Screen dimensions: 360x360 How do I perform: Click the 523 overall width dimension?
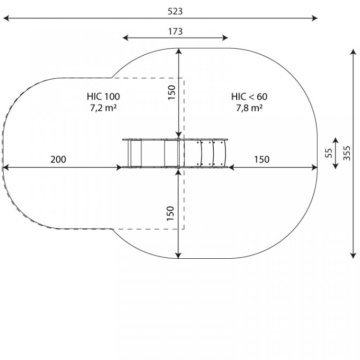tap(175, 11)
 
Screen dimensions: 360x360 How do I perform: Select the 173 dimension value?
tap(175, 31)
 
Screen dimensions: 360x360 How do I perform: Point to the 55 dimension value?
tap(329, 153)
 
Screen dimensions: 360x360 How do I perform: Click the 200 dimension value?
tap(58, 159)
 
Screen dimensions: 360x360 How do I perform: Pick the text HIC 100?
tap(103, 97)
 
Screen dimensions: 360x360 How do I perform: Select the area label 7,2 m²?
tap(103, 108)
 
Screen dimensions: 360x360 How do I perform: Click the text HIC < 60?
tap(249, 97)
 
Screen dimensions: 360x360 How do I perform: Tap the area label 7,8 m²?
tap(249, 108)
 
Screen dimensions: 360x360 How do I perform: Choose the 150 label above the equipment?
tap(172, 92)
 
